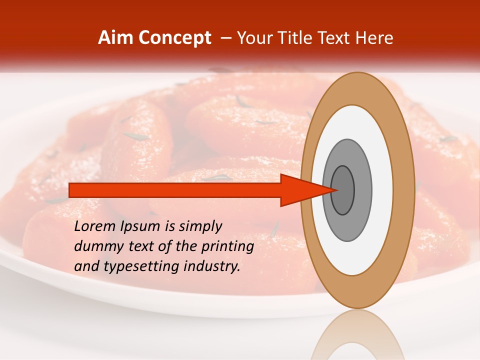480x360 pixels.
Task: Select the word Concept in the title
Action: coord(174,38)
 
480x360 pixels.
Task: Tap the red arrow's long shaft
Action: coord(175,190)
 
